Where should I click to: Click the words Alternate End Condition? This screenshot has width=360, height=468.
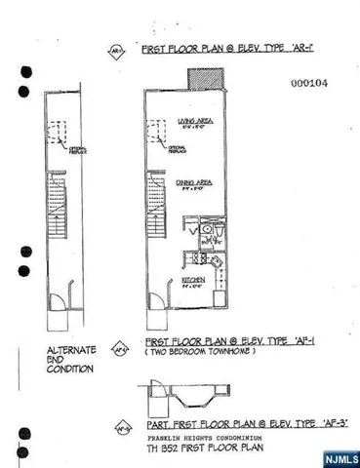68,360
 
